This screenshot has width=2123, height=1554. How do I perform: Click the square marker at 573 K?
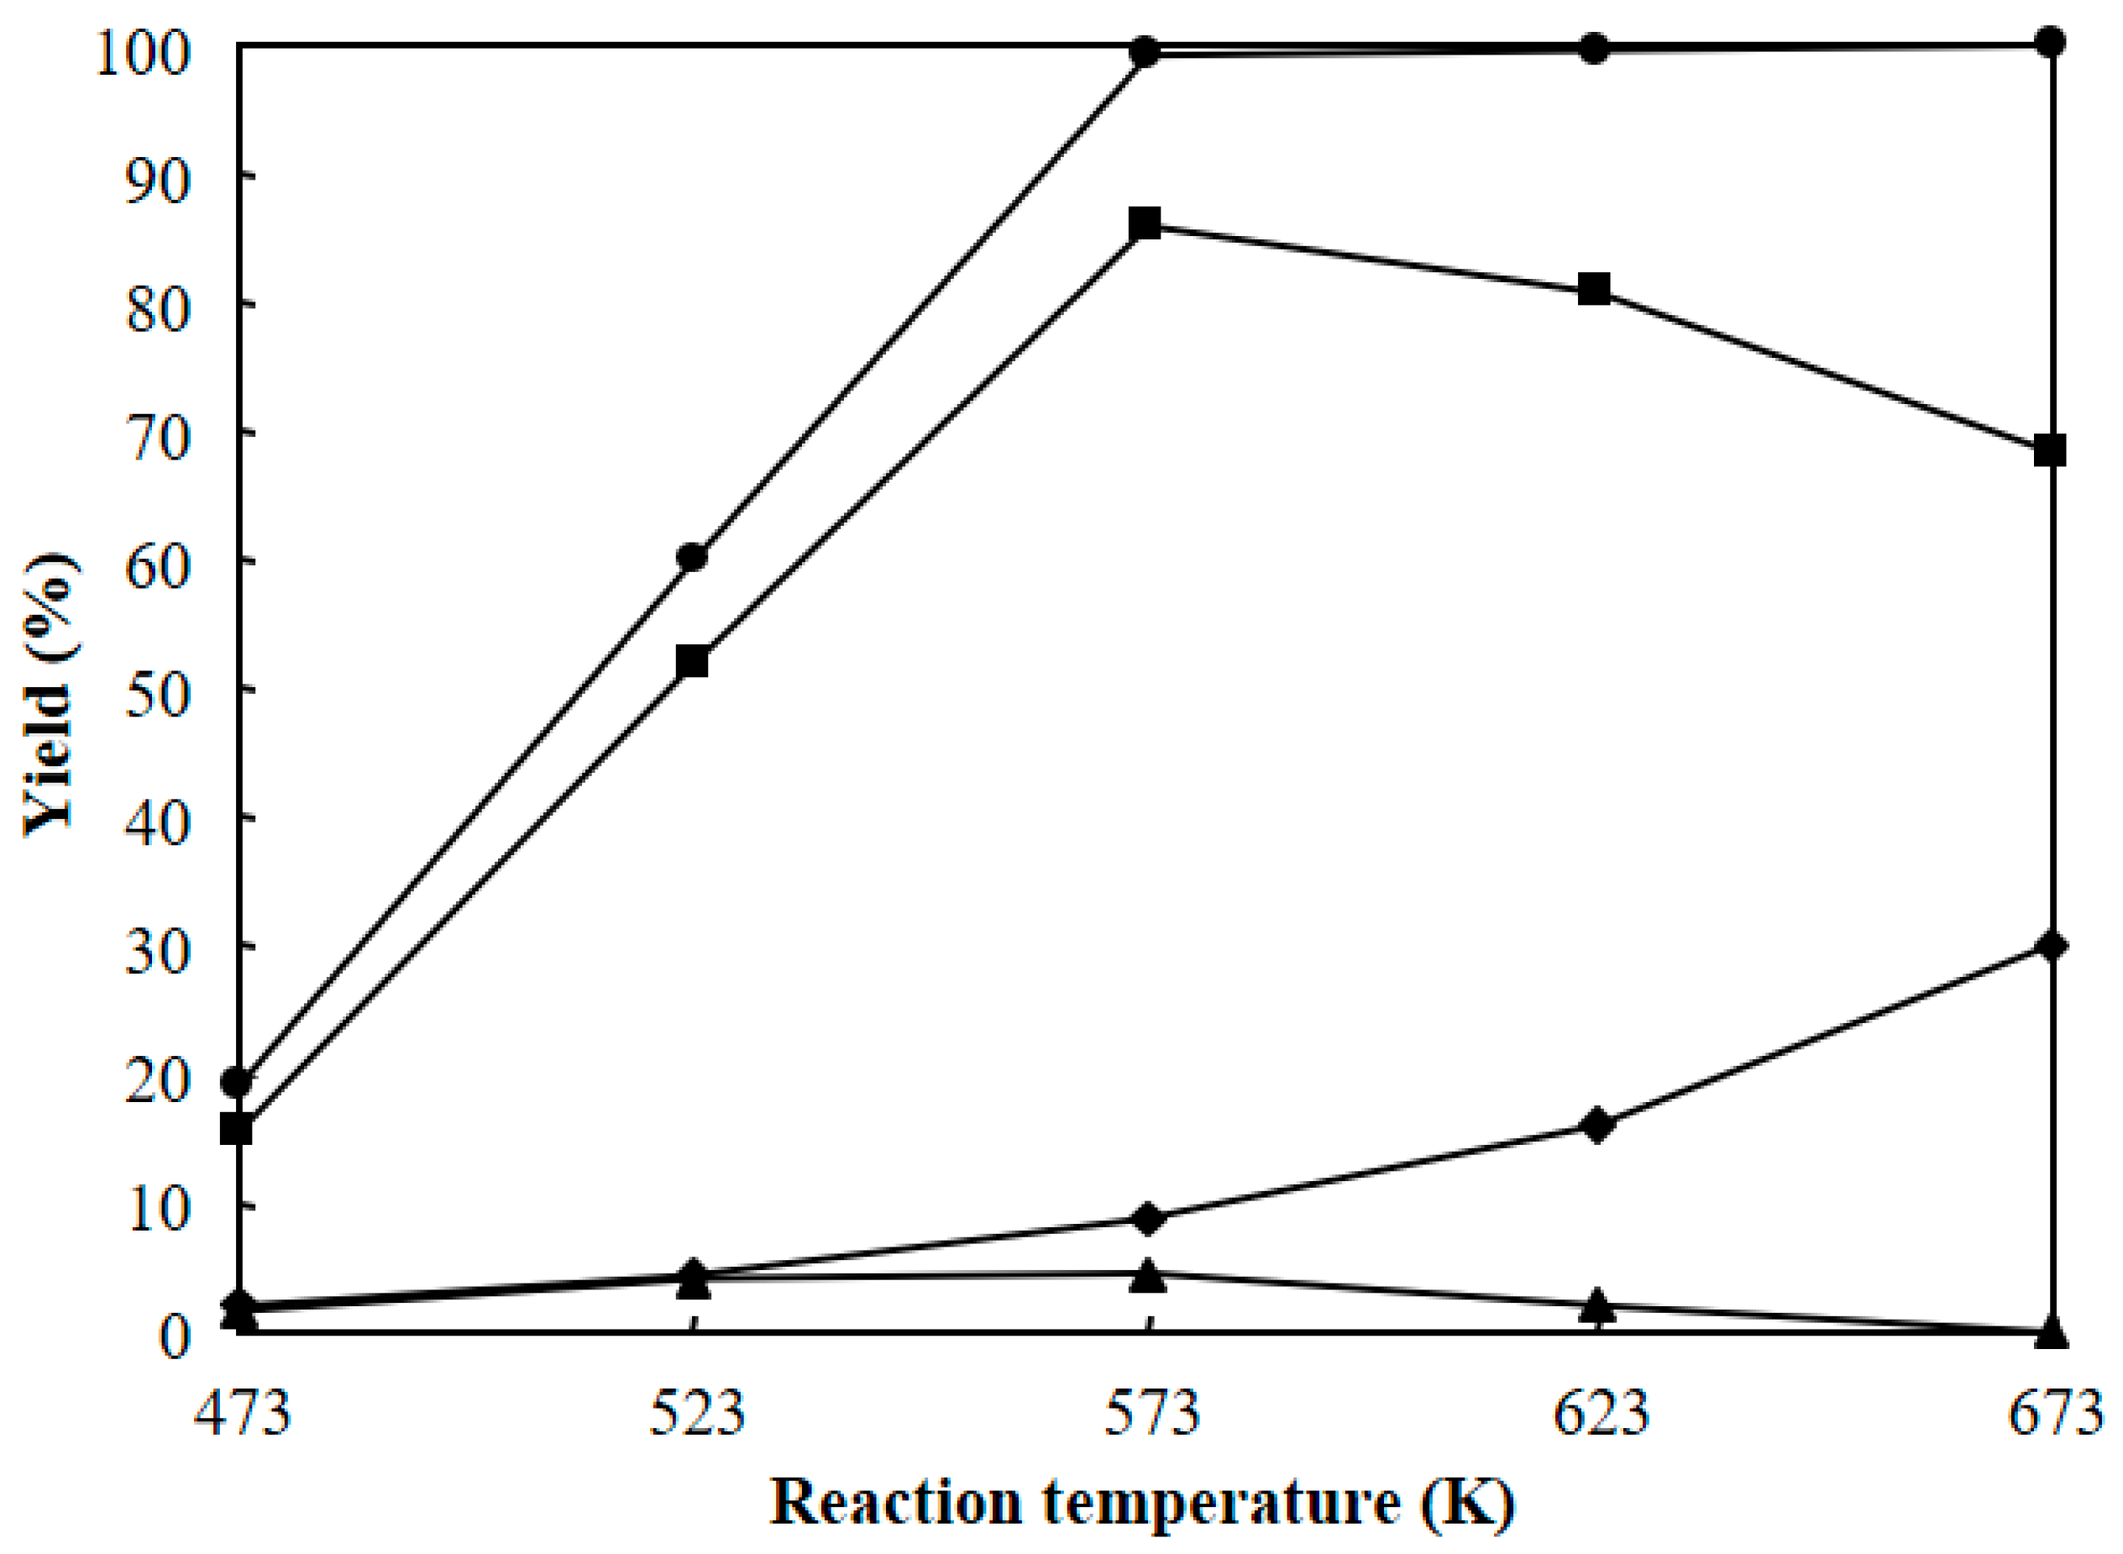1145,224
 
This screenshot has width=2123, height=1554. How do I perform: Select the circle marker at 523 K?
692,557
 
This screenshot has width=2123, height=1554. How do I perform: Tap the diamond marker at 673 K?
2051,945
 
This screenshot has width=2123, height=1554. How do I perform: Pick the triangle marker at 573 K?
1147,1277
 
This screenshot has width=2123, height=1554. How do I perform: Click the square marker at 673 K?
2050,450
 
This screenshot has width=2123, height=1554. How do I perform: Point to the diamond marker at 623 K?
1597,1125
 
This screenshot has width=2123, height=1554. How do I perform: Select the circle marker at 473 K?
237,1083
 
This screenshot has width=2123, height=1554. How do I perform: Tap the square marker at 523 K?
692,661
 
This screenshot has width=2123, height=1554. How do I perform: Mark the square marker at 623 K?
1595,288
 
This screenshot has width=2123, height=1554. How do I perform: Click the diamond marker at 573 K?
1147,1219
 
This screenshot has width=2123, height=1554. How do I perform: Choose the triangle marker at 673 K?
2051,1332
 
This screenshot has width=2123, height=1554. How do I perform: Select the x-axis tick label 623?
1601,1414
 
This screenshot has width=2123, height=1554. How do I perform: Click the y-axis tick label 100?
141,47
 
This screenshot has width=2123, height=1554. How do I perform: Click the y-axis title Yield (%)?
49,691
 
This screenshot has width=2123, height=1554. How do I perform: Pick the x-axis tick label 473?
243,1414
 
